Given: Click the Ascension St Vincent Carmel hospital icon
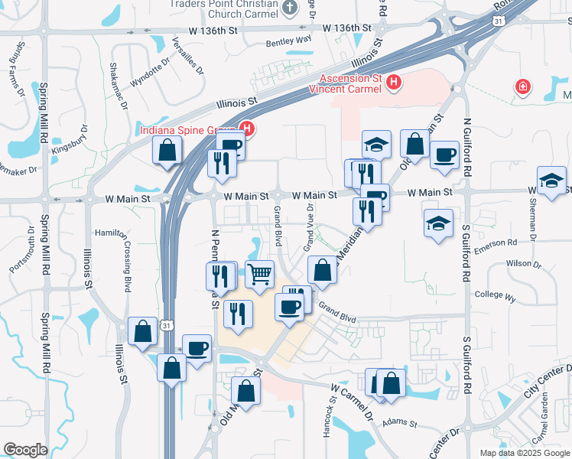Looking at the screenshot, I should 394,82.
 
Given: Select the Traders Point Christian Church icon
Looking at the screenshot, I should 290,8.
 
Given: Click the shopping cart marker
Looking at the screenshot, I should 260,273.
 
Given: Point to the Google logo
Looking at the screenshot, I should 25,450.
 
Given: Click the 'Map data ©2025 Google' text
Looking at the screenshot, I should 524,453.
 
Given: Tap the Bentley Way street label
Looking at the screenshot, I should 289,40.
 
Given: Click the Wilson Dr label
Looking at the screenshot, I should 523,264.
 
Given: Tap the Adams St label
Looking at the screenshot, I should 399,422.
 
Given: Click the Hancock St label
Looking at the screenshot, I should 327,420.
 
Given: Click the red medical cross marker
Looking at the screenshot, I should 523,87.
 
